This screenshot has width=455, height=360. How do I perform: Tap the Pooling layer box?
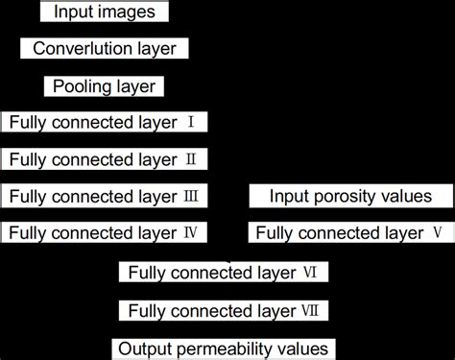[x=105, y=85]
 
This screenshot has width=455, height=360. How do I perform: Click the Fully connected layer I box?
[x=105, y=122]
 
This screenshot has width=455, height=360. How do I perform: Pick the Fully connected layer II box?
[x=105, y=158]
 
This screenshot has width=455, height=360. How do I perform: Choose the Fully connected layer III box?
[x=105, y=196]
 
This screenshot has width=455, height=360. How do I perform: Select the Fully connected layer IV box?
[x=105, y=231]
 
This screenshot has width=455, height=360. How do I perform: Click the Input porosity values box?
[x=349, y=196]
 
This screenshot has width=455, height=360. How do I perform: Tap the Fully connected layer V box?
[x=349, y=231]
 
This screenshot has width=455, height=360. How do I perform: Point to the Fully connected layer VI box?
[x=225, y=273]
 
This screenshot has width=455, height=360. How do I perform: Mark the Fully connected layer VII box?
[x=225, y=310]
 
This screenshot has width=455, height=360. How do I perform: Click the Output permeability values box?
[x=225, y=348]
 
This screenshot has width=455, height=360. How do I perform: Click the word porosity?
[x=340, y=197]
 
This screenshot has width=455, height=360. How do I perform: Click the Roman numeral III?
[x=192, y=196]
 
